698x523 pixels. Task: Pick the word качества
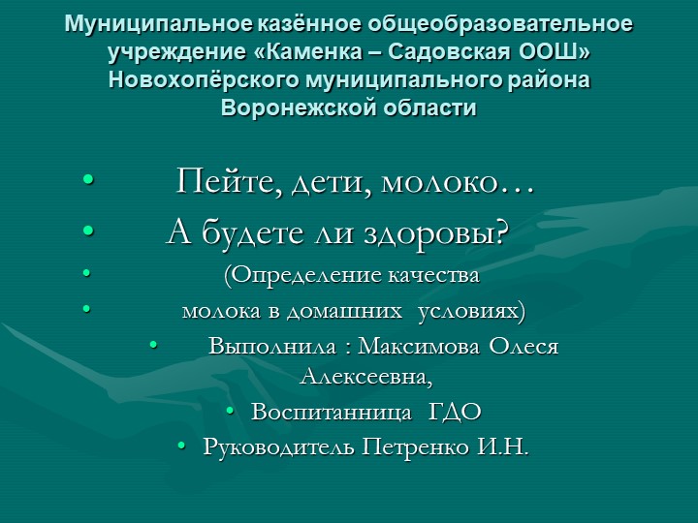tap(434, 276)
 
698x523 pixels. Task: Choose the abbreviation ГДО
tap(455, 412)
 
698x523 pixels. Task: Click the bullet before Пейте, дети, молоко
tap(88, 181)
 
